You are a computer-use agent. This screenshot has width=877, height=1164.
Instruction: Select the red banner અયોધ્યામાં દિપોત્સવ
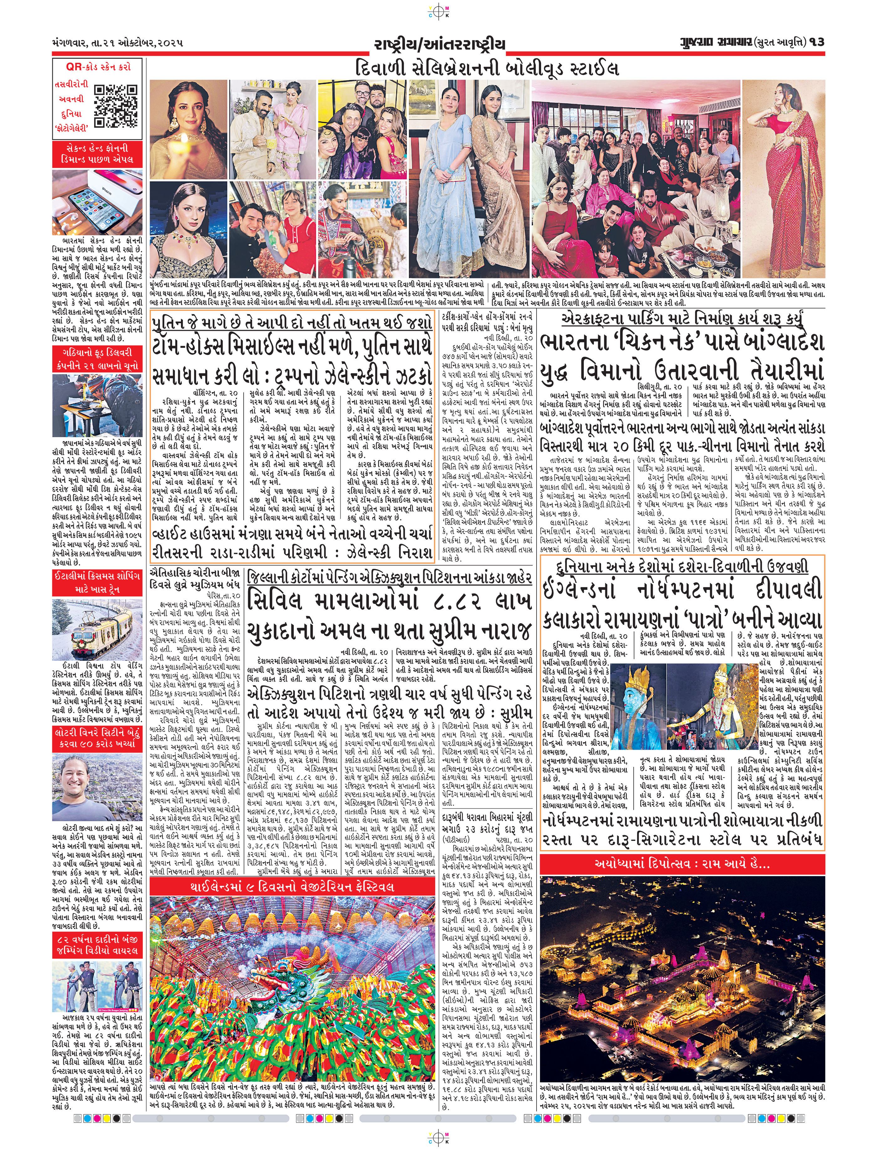pos(682,864)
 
